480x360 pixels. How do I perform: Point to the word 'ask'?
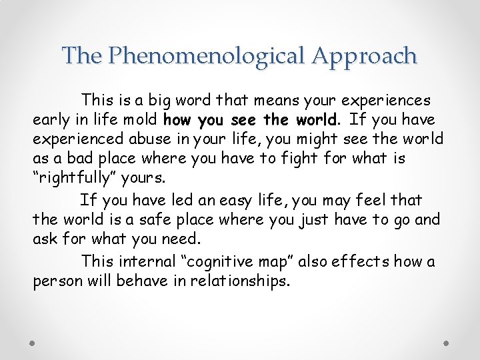(x=43, y=239)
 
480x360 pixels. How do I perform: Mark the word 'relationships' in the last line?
(x=241, y=281)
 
